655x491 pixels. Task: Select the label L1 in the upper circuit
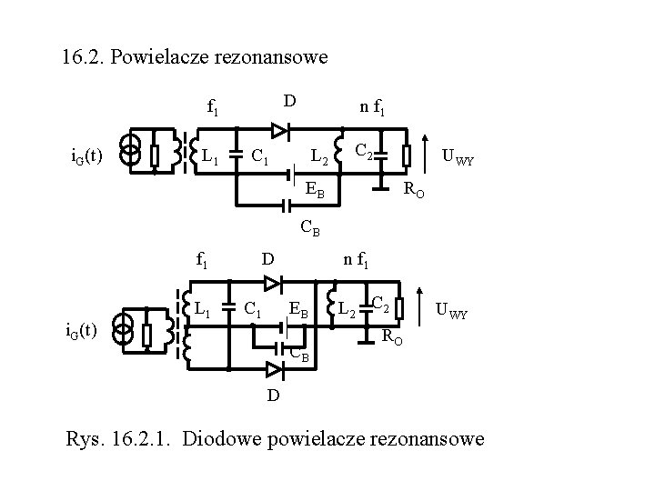(210, 157)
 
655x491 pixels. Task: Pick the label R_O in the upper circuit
(414, 191)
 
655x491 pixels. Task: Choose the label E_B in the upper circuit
(314, 191)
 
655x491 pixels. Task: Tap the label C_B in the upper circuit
(309, 228)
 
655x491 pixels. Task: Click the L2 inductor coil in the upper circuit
(338, 152)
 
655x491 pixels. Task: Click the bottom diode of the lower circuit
(273, 368)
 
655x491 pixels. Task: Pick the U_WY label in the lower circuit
(452, 312)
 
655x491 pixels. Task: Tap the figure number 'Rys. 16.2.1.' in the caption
(117, 439)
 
